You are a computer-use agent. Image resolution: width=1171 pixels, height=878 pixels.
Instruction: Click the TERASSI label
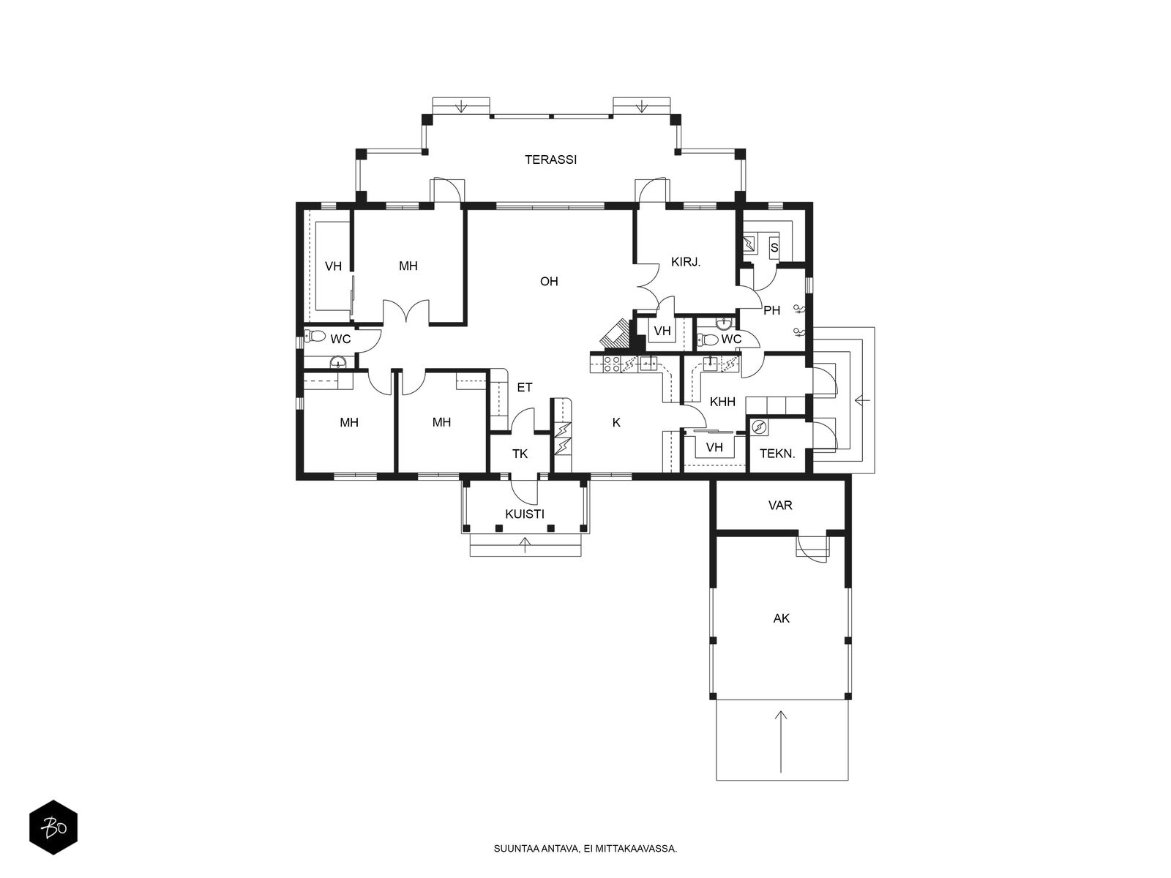[550, 160]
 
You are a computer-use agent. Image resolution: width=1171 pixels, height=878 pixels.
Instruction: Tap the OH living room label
[549, 281]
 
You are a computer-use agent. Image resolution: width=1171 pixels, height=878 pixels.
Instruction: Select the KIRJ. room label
[686, 262]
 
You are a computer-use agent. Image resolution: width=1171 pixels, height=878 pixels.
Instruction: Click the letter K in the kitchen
[616, 422]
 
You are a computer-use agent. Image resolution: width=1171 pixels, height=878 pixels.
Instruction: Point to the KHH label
[722, 402]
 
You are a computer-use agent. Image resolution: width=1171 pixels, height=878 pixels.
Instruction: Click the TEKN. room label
[777, 454]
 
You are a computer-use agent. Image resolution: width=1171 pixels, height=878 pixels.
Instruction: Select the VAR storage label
[780, 505]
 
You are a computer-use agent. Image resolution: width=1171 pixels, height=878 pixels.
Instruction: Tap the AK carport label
[781, 618]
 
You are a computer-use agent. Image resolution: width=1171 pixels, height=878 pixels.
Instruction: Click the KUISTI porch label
[525, 514]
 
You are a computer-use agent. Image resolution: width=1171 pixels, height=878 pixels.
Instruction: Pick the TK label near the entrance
[520, 454]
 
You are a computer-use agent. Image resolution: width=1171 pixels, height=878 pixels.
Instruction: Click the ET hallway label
[525, 387]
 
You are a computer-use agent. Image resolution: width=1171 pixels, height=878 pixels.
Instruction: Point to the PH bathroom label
[771, 310]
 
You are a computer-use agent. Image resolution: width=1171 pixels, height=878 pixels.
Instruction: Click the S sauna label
[774, 248]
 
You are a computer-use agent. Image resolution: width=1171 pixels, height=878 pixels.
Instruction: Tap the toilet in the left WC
[315, 336]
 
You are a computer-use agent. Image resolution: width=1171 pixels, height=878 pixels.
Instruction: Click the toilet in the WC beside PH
[708, 339]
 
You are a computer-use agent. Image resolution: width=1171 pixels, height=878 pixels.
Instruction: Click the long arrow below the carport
[780, 741]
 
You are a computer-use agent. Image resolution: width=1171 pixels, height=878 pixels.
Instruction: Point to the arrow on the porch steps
[525, 545]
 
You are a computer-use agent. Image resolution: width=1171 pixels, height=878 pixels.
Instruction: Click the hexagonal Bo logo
[53, 827]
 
